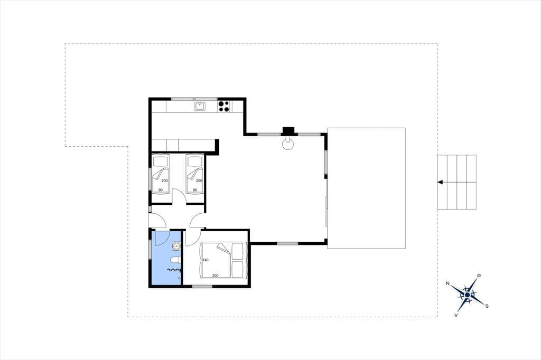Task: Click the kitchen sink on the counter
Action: click(200, 106)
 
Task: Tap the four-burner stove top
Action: click(224, 106)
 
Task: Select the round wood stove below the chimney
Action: click(288, 144)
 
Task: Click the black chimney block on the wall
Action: click(288, 131)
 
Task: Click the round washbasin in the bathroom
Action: click(176, 246)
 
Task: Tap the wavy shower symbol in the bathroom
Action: click(173, 271)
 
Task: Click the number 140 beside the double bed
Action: click(206, 260)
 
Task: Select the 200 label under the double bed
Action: click(216, 276)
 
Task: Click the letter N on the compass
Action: click(447, 283)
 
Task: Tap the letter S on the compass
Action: click(487, 306)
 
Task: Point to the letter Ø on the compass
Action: click(479, 275)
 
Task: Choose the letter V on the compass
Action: click(456, 315)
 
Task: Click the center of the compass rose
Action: click(467, 295)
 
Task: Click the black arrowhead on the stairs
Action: click(440, 182)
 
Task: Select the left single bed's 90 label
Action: click(161, 190)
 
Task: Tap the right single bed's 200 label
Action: click(199, 181)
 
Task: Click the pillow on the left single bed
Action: click(161, 161)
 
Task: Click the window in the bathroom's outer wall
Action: click(150, 249)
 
